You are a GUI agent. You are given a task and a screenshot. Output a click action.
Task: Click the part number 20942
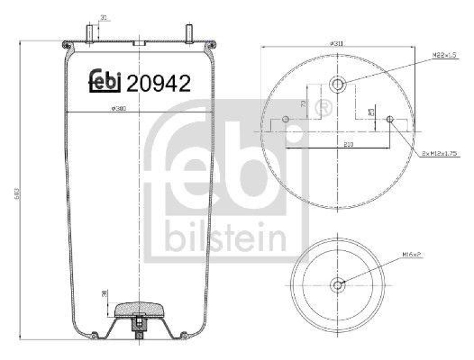click(x=159, y=83)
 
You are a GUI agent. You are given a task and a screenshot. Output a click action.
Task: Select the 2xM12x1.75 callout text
click(x=440, y=153)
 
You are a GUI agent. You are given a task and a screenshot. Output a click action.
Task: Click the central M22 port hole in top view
click(x=338, y=85)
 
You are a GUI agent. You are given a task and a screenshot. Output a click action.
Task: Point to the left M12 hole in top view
click(x=286, y=120)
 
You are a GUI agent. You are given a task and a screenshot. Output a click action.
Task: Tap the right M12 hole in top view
click(x=390, y=120)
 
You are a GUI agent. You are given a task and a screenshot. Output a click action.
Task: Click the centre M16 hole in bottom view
click(x=338, y=285)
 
